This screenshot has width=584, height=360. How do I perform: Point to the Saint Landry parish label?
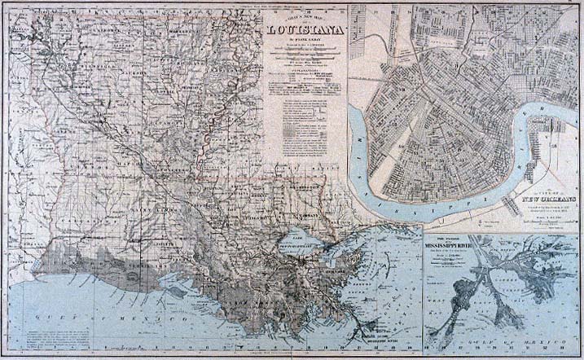pyautogui.click(x=151, y=209)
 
